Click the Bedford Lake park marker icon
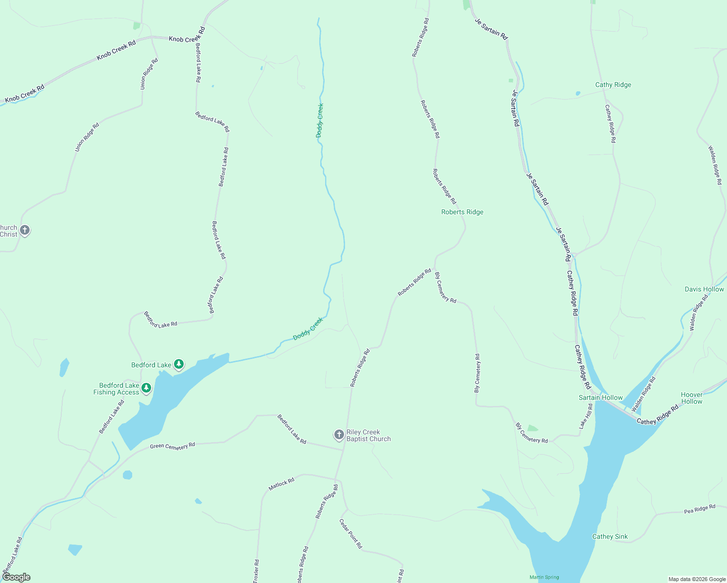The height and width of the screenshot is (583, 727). [x=179, y=364]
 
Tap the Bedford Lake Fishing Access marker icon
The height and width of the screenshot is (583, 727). [x=146, y=388]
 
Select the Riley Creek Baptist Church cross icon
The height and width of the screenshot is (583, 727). [x=339, y=434]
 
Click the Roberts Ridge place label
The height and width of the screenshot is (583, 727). [x=462, y=212]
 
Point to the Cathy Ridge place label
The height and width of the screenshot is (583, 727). [x=613, y=85]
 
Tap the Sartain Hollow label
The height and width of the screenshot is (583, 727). [x=601, y=397]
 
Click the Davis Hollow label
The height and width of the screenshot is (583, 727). [x=704, y=289]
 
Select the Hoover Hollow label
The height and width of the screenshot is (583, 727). [x=692, y=398]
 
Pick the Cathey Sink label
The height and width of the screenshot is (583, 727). [x=610, y=536]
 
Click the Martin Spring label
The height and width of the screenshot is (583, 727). [x=544, y=577]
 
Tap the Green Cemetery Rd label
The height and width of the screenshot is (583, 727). [x=172, y=446]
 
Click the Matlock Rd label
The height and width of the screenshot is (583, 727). [x=281, y=484]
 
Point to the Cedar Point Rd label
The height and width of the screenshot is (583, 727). [x=350, y=533]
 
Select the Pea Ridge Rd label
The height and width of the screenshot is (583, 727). [x=699, y=509]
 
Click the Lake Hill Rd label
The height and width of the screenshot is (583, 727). [x=586, y=416]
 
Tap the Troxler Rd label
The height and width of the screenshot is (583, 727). [x=256, y=571]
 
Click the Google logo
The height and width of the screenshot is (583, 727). [x=16, y=577]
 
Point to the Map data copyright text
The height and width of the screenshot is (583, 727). [x=697, y=579]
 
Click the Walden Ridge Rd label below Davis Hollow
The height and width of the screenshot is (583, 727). [x=699, y=312]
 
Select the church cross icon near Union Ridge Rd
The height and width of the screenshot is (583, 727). [x=24, y=230]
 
